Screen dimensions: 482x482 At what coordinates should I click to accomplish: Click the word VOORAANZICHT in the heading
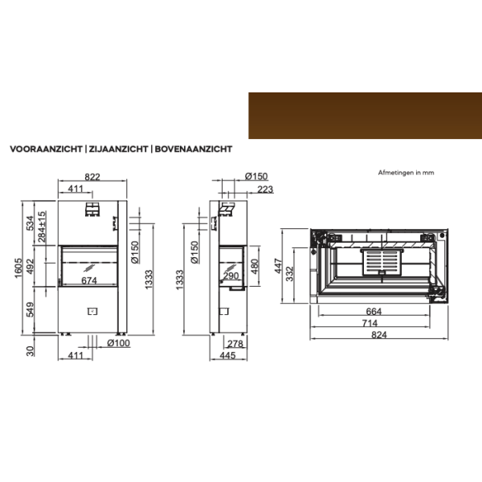coord(46,149)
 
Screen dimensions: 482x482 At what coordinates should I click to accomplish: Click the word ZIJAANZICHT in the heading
coord(118,149)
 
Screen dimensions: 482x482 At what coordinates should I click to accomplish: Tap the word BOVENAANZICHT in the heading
coord(194,149)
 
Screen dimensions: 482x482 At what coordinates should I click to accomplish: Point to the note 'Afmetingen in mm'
coord(406,173)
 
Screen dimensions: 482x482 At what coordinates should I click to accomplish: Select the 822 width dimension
coord(92,177)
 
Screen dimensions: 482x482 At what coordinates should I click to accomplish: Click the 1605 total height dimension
coord(18,268)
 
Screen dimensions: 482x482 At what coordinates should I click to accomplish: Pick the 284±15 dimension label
coord(42,227)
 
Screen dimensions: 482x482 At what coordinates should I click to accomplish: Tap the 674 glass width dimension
coord(89,280)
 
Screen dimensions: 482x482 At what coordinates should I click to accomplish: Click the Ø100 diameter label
coord(118,343)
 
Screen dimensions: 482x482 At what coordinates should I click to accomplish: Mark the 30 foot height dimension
coord(31,351)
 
